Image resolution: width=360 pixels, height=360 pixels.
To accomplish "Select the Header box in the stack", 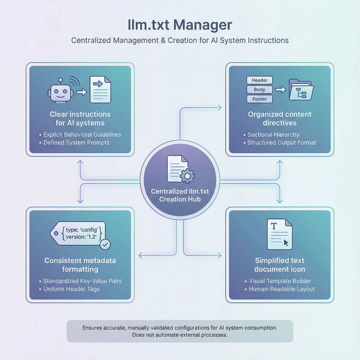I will coord(259,81).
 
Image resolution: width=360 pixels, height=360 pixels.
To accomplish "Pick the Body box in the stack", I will coord(259,90).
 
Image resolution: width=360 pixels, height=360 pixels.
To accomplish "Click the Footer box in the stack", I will coord(259,99).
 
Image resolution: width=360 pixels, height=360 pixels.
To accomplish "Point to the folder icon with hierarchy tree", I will coord(301,90).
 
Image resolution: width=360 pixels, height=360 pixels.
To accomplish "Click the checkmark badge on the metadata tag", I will coord(105,244).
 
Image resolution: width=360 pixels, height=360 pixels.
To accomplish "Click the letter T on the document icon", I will coord(274,227).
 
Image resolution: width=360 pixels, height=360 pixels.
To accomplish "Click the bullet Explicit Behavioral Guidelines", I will coord(82,135).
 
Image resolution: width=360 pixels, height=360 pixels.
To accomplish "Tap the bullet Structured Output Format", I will coord(282,143).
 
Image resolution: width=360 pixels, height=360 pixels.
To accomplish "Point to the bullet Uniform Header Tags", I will coord(71,289).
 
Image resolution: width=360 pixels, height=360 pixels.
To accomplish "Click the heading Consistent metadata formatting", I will coord(80,265).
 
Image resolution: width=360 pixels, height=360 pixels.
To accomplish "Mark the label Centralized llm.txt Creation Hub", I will coord(180,195).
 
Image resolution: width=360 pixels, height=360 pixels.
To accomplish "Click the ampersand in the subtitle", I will coord(162,40).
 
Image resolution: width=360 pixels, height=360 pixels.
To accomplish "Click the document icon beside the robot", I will coord(100,90).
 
